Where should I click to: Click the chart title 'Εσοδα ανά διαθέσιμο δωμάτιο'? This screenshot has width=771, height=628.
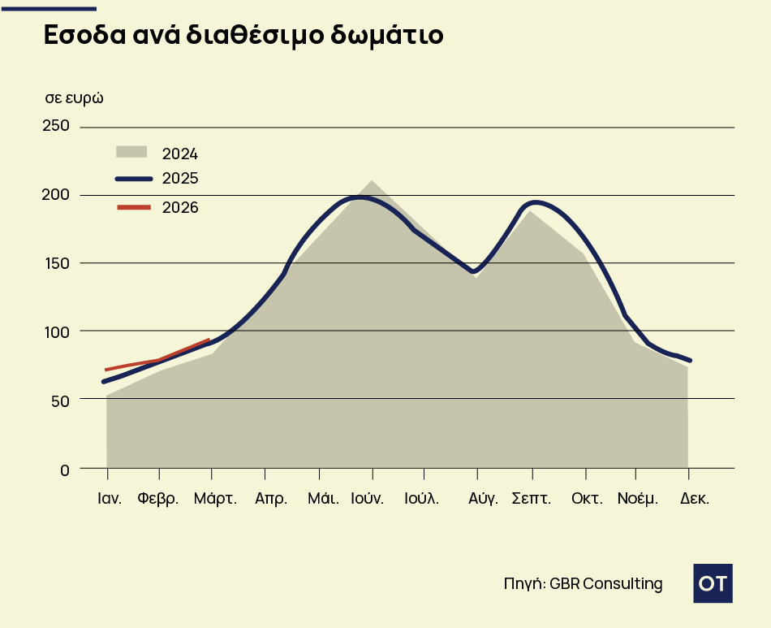(243, 37)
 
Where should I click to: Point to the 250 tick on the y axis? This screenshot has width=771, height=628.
(56, 126)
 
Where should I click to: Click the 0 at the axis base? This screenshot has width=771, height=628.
(64, 469)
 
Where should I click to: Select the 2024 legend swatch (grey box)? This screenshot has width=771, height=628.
(131, 152)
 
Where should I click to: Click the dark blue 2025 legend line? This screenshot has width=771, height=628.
(134, 179)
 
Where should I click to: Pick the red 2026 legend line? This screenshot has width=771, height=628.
(134, 207)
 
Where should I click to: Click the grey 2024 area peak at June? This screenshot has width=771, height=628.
(372, 181)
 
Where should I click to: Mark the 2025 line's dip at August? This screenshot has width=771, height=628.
(476, 271)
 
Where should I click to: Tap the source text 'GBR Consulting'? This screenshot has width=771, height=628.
(605, 583)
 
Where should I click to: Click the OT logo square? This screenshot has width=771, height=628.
(713, 583)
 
